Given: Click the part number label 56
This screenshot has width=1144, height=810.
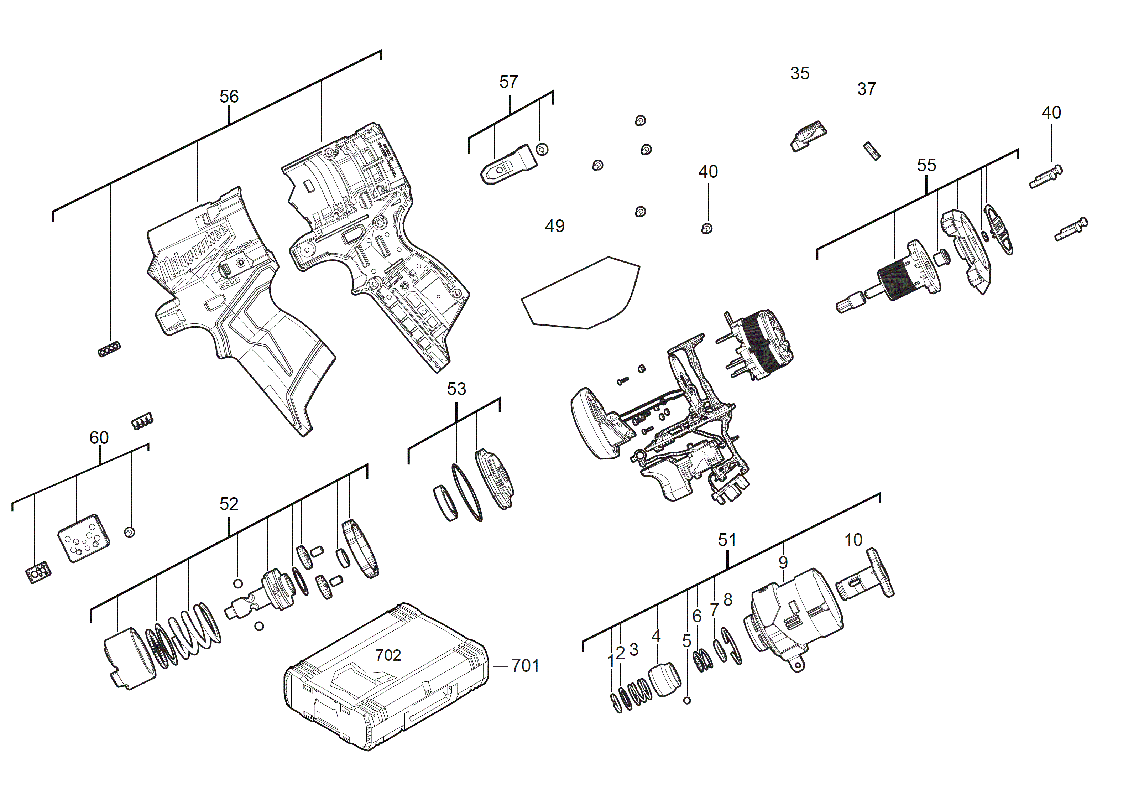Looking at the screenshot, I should [229, 96].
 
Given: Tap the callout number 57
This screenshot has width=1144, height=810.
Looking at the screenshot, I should [508, 82].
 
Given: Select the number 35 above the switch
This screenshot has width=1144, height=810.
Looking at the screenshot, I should [800, 73].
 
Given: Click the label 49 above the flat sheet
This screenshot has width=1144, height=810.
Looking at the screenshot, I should [554, 226].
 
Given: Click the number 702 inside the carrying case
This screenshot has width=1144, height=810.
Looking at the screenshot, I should [388, 655].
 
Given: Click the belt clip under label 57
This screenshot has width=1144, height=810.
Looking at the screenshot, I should [507, 165].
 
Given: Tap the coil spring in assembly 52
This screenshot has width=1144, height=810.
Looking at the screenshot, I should [192, 631].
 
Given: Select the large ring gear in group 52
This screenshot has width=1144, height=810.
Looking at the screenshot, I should [360, 549].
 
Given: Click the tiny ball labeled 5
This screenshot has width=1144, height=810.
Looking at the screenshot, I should [687, 701].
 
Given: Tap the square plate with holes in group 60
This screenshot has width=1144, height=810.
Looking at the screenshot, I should [83, 539].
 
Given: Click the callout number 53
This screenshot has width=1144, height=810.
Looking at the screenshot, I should [456, 389].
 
